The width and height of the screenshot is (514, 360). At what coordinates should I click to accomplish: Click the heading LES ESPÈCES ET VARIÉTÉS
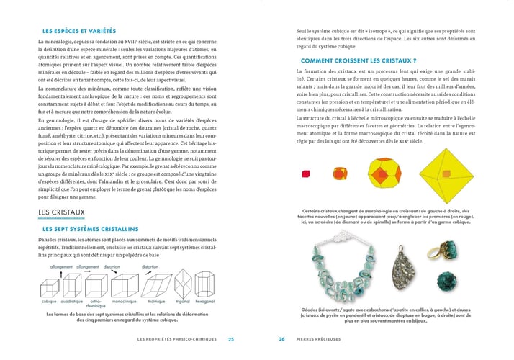[81, 31]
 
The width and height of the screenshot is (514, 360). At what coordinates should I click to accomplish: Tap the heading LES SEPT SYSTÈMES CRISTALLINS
[101, 228]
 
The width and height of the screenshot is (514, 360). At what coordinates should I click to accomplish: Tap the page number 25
[231, 339]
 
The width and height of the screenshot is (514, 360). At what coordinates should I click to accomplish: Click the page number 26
[282, 339]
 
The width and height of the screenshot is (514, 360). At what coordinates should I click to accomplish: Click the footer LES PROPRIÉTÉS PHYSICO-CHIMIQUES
[176, 339]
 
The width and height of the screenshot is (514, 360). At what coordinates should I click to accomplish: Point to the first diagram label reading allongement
[61, 266]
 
